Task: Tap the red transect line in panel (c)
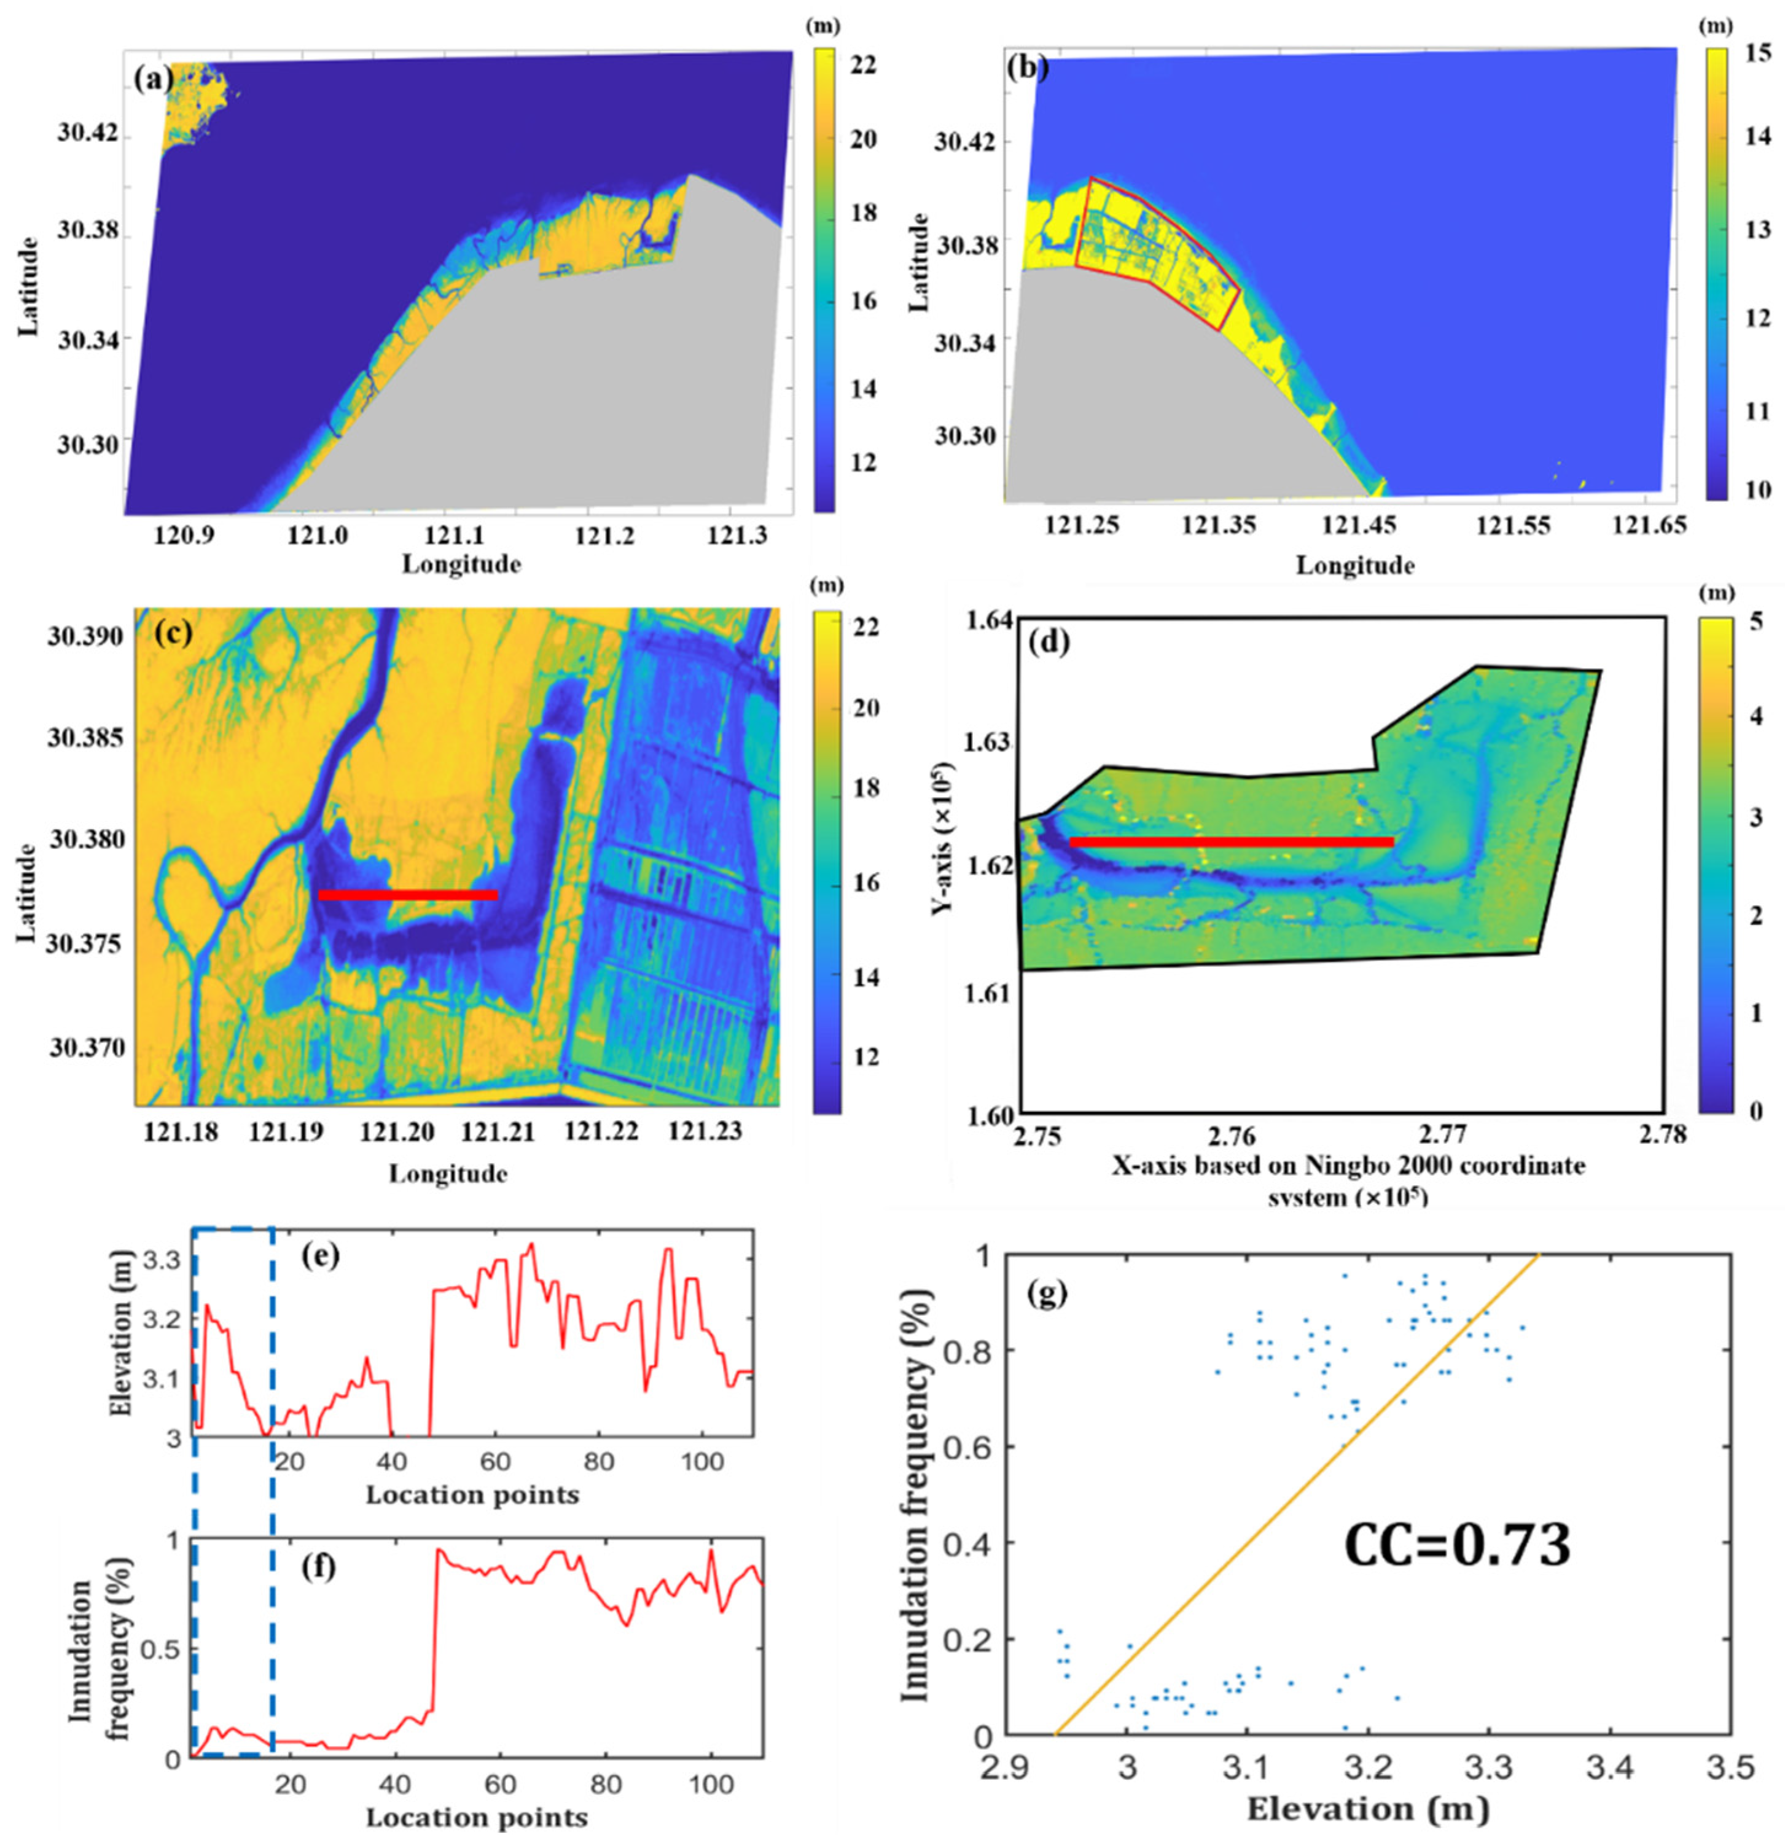coord(408,894)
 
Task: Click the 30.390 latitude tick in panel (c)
coord(85,638)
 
